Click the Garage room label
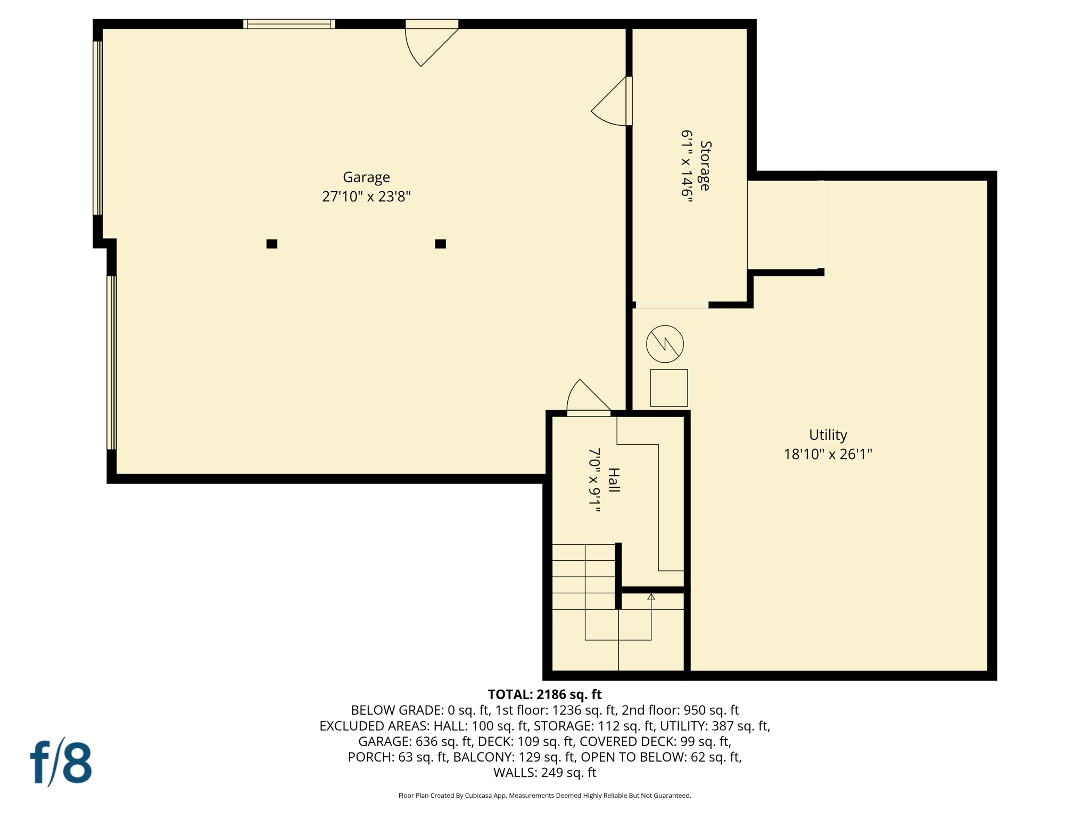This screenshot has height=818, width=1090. click(366, 177)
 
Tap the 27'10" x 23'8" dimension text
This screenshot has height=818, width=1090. click(366, 197)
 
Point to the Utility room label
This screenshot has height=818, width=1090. click(828, 435)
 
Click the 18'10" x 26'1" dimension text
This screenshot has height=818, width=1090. click(828, 454)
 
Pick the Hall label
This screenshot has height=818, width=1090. click(614, 480)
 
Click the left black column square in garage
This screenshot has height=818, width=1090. click(271, 244)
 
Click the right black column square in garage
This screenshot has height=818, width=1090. click(440, 244)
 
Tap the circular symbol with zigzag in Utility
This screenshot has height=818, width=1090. click(665, 344)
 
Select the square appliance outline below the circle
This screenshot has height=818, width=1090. click(668, 388)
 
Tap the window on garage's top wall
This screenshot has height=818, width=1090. click(289, 24)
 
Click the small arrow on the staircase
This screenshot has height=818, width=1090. click(651, 597)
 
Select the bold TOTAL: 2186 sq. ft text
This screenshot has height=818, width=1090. click(544, 694)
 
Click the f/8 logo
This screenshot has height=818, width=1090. click(61, 762)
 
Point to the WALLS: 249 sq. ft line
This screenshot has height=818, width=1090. click(544, 773)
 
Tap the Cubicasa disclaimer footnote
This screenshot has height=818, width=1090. click(544, 796)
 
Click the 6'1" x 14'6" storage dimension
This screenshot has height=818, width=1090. click(687, 163)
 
